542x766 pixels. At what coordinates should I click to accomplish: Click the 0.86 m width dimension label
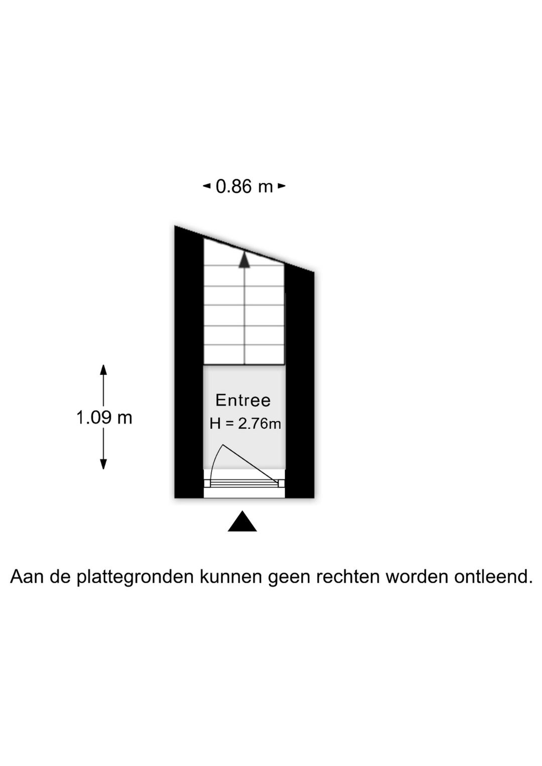click(x=244, y=187)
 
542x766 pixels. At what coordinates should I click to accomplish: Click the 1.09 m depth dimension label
click(x=104, y=418)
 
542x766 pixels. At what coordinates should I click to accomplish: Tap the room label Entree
click(x=243, y=401)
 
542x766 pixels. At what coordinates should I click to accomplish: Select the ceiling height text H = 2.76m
click(x=245, y=424)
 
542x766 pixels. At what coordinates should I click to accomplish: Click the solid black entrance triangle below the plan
click(x=242, y=522)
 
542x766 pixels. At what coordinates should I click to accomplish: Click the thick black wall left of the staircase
click(x=189, y=362)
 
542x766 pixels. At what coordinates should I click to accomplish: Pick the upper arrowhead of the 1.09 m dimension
click(x=103, y=370)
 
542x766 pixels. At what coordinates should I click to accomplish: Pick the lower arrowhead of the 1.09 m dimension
click(x=103, y=464)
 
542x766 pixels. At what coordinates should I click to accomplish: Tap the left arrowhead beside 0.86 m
click(x=207, y=186)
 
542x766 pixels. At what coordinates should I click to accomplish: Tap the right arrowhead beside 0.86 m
click(x=282, y=186)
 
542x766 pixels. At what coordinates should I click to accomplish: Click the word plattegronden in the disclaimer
click(x=136, y=577)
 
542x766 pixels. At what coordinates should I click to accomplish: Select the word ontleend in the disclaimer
click(x=493, y=576)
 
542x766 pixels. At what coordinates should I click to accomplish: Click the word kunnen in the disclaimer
click(x=231, y=576)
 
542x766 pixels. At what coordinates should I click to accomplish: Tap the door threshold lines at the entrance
click(x=244, y=483)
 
